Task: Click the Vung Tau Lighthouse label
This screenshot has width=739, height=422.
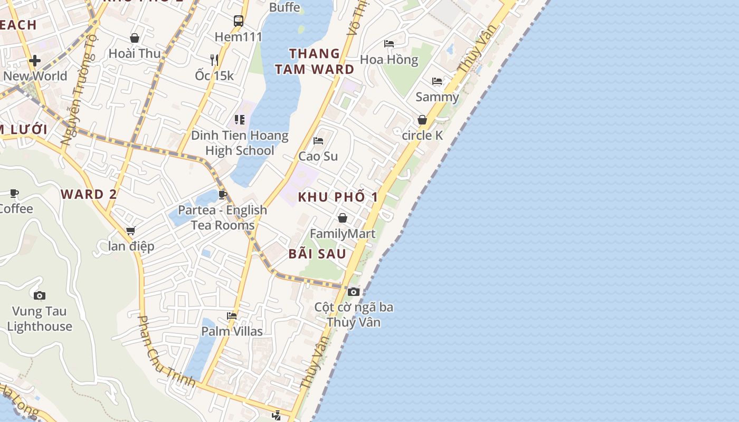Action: tap(40, 319)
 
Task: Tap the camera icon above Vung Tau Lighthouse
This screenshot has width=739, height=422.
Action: tap(40, 295)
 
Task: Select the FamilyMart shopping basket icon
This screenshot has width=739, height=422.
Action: tap(343, 218)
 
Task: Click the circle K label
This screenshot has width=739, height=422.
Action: tap(422, 136)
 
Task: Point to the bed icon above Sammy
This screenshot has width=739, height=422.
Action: tap(437, 81)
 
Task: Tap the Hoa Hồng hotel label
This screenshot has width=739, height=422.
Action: tap(389, 60)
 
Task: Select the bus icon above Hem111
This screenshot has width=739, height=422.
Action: tap(239, 21)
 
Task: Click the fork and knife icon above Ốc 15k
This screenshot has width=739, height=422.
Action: tap(214, 60)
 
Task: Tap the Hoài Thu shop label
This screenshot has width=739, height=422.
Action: tap(135, 53)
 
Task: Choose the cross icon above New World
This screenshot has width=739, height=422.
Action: tap(35, 61)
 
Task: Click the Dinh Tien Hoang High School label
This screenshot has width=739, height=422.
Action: tap(240, 143)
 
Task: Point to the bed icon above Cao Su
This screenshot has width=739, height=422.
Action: tap(318, 141)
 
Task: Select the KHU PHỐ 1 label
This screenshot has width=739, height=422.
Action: tap(338, 197)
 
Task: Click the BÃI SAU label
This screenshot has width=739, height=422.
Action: tap(317, 254)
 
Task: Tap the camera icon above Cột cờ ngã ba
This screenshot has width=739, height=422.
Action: tap(354, 292)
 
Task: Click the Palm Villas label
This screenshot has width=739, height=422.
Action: tap(232, 331)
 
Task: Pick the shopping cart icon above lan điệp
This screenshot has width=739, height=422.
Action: tap(130, 231)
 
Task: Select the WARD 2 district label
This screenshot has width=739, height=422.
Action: tap(89, 194)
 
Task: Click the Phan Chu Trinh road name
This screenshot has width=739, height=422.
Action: tap(166, 351)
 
